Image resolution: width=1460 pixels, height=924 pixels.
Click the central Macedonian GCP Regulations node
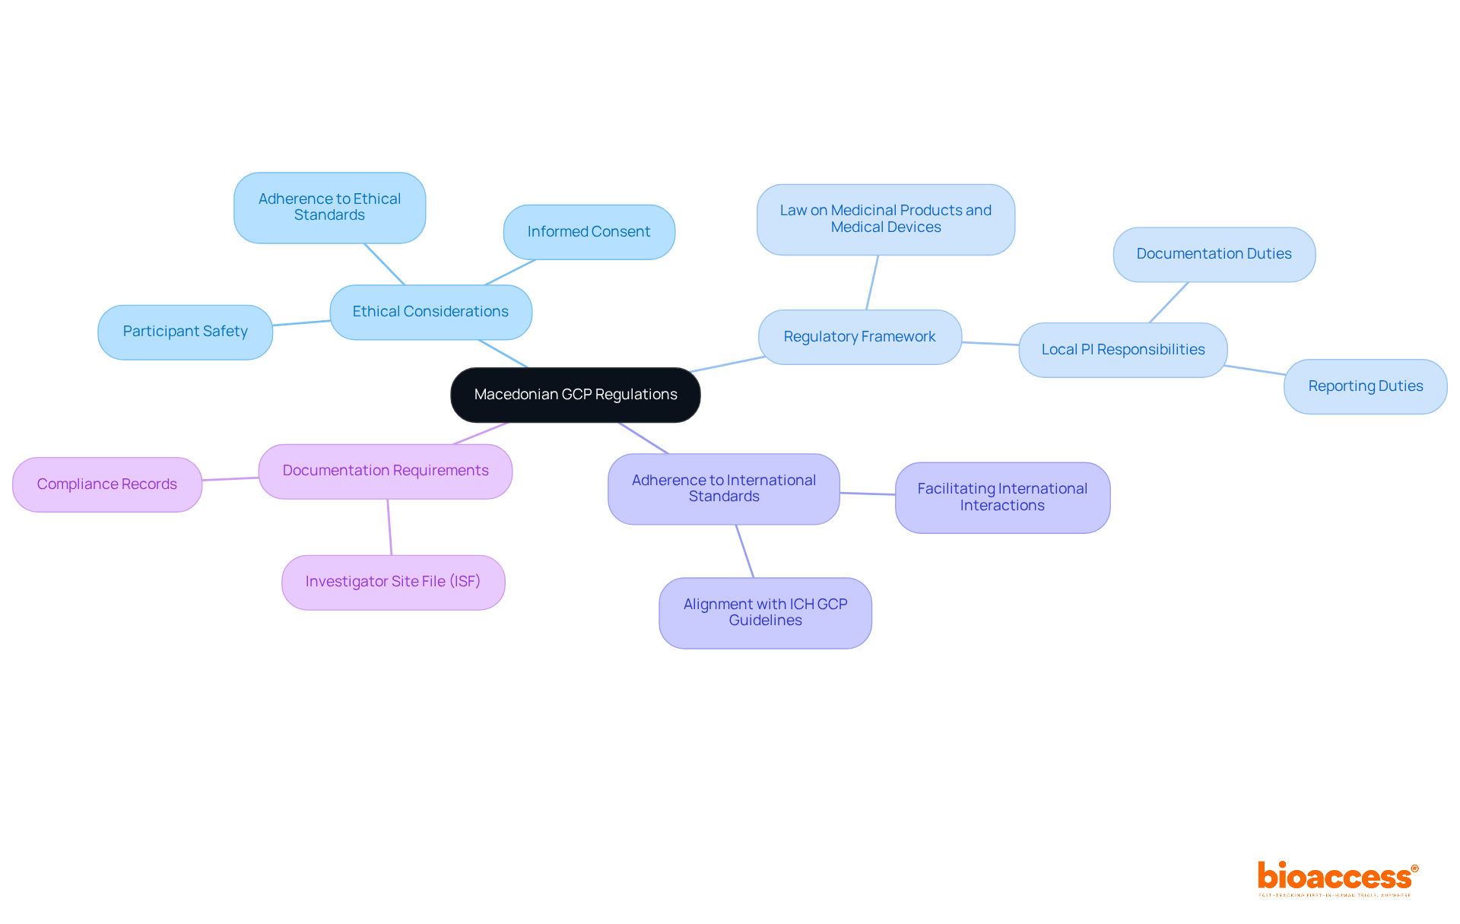pyautogui.click(x=575, y=395)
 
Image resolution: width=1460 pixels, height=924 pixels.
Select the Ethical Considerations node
pyautogui.click(x=430, y=312)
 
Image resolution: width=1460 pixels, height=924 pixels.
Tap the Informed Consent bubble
pyautogui.click(x=589, y=232)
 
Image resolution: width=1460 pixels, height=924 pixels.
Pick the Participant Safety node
pyautogui.click(x=185, y=332)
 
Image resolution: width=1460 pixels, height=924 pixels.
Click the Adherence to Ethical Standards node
pyautogui.click(x=329, y=207)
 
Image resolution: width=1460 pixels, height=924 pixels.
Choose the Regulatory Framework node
pyautogui.click(x=859, y=337)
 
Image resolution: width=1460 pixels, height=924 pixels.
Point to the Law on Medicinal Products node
pyautogui.click(x=885, y=219)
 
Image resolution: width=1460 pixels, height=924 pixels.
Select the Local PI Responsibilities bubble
pyautogui.click(x=1122, y=350)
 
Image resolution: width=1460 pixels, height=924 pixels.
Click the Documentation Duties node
pyautogui.click(x=1214, y=254)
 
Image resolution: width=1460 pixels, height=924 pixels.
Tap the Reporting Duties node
pyautogui.click(x=1365, y=386)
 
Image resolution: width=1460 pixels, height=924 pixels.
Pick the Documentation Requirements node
pyautogui.click(x=385, y=471)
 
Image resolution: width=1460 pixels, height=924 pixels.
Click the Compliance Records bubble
pyautogui.click(x=106, y=484)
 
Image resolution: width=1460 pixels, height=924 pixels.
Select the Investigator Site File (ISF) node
pyautogui.click(x=392, y=582)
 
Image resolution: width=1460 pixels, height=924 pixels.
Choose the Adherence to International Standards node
pyautogui.click(x=723, y=488)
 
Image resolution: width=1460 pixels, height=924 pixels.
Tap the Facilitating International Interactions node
pyautogui.click(x=1001, y=497)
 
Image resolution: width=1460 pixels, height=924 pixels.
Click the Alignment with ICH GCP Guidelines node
pyautogui.click(x=765, y=612)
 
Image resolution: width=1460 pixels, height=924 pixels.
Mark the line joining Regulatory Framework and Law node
pyautogui.click(x=872, y=282)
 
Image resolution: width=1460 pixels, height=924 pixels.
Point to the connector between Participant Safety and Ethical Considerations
pyautogui.click(x=301, y=323)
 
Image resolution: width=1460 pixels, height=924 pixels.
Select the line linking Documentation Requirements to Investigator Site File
pyautogui.click(x=389, y=527)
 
